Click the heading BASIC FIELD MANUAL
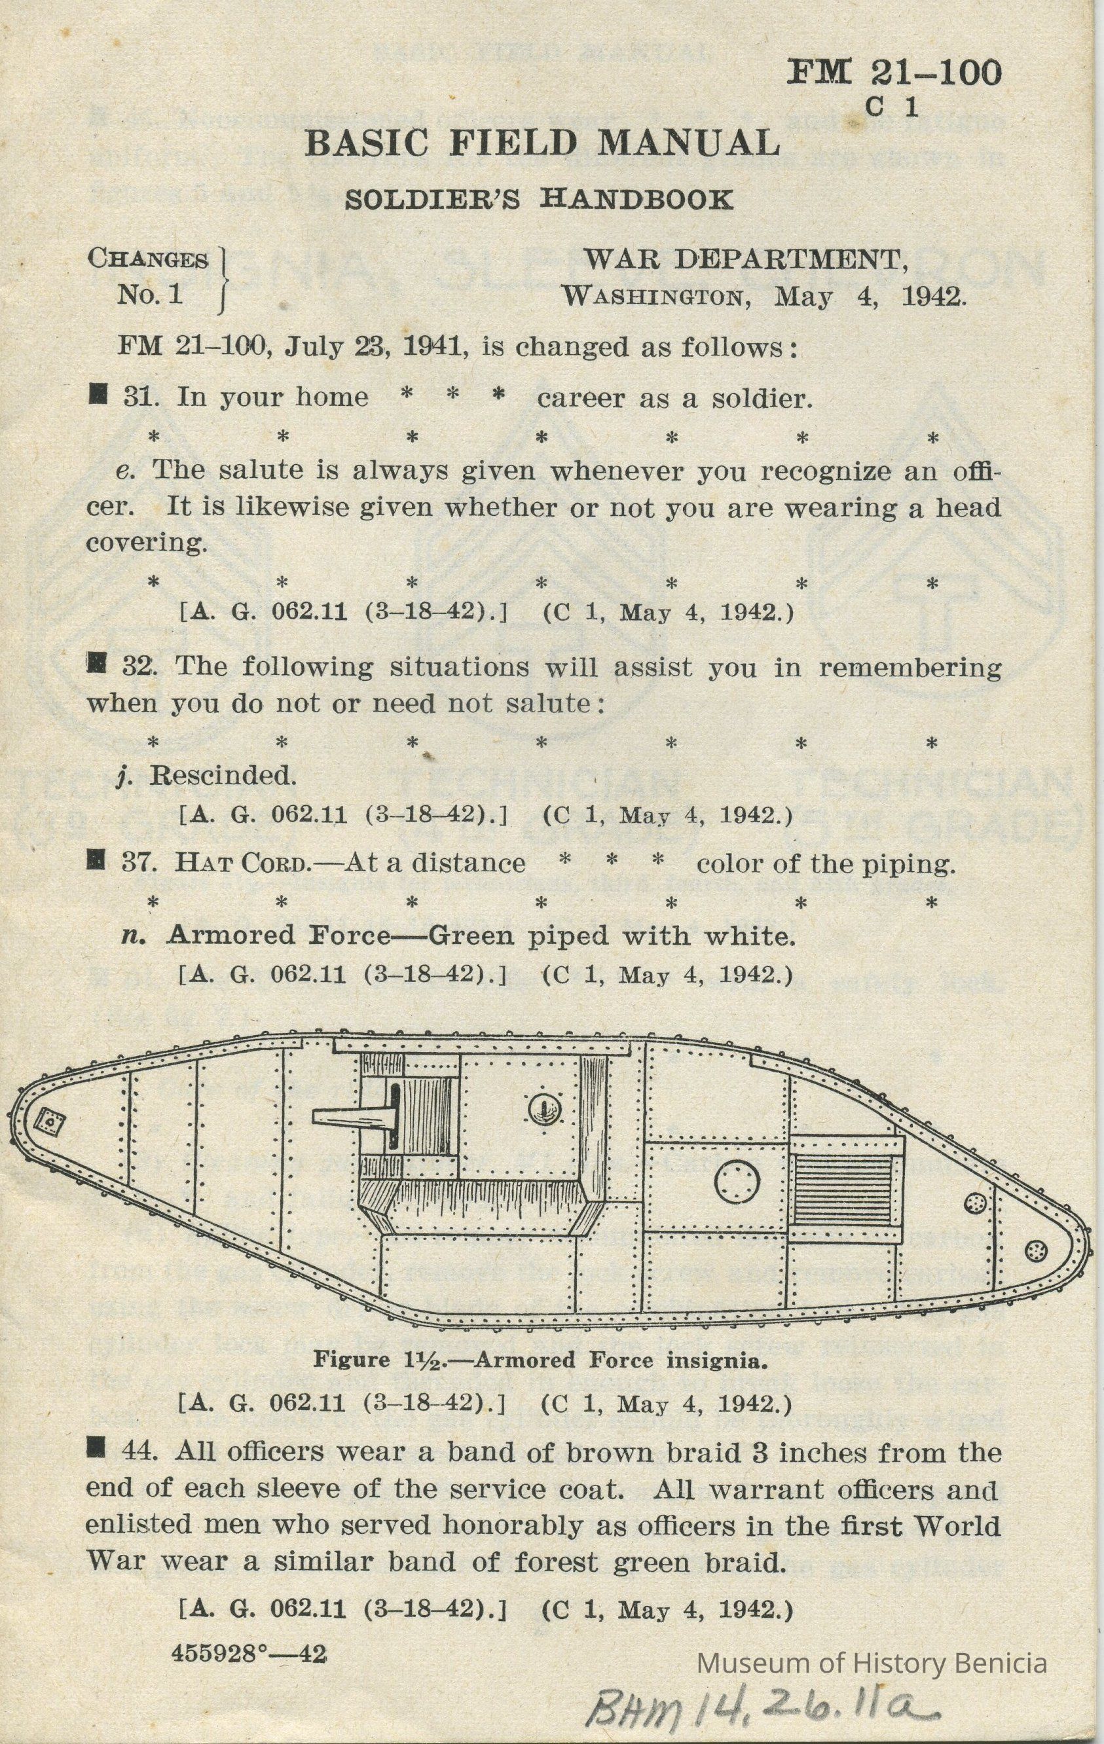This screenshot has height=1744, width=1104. (x=542, y=143)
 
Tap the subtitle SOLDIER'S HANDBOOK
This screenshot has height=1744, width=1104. (x=538, y=198)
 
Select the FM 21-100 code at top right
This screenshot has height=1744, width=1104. (x=894, y=73)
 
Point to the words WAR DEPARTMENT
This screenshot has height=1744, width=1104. (x=745, y=259)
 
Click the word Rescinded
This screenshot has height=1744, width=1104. (x=223, y=776)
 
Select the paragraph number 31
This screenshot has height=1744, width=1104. (x=141, y=397)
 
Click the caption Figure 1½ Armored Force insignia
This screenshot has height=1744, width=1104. (x=539, y=1360)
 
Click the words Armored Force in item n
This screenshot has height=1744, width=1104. (x=278, y=936)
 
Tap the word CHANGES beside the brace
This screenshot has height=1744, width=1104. (x=148, y=259)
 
